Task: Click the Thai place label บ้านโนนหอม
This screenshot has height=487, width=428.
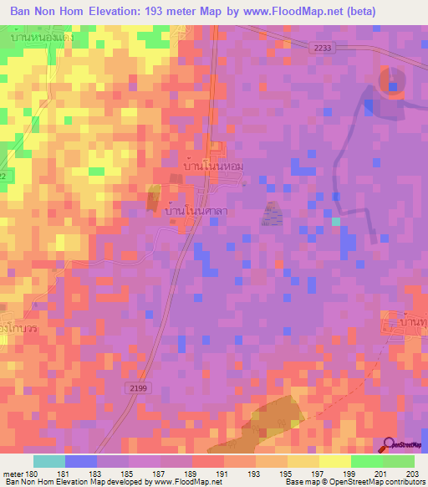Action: tap(213, 167)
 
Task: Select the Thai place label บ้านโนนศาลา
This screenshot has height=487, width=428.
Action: tap(196, 213)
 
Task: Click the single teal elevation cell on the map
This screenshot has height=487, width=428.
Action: tap(336, 221)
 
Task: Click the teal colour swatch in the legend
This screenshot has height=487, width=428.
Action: tap(49, 461)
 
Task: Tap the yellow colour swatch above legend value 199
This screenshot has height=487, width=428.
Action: tap(335, 461)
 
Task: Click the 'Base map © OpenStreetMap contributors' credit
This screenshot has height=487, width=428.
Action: tap(355, 482)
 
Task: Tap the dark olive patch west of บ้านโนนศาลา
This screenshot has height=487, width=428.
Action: tap(154, 199)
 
